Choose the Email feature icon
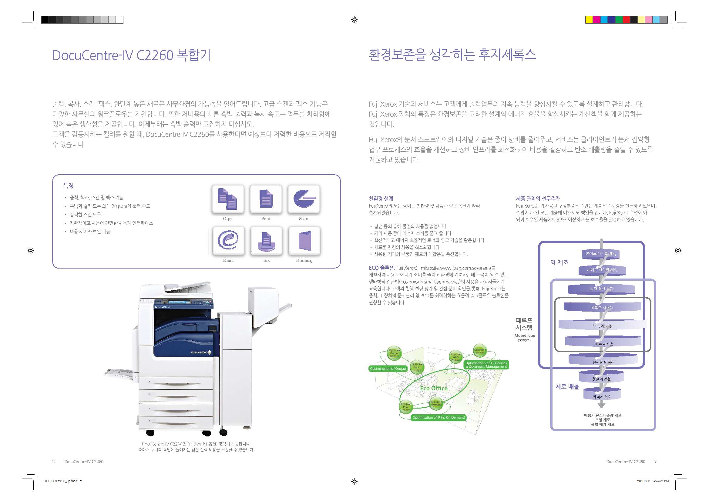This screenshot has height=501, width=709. click(x=228, y=240)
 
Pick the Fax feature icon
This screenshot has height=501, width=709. click(x=266, y=240)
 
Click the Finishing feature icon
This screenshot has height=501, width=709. click(x=304, y=240)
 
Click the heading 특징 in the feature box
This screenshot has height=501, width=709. click(x=68, y=185)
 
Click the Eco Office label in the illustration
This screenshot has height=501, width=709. click(x=434, y=388)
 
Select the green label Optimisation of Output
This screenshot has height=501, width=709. click(x=388, y=369)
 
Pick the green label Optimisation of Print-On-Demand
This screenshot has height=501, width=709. click(x=439, y=418)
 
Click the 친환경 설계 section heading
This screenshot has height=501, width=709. click(x=381, y=199)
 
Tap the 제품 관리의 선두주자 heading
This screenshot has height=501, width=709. click(x=538, y=199)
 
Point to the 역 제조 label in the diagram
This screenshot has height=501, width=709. click(x=559, y=262)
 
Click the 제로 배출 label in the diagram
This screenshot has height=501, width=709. click(x=567, y=386)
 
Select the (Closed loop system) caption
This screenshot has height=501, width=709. click(x=524, y=338)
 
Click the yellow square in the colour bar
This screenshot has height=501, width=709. click(x=589, y=20)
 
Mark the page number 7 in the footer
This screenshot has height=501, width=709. click(x=655, y=462)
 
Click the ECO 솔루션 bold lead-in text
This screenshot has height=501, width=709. click(x=381, y=268)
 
